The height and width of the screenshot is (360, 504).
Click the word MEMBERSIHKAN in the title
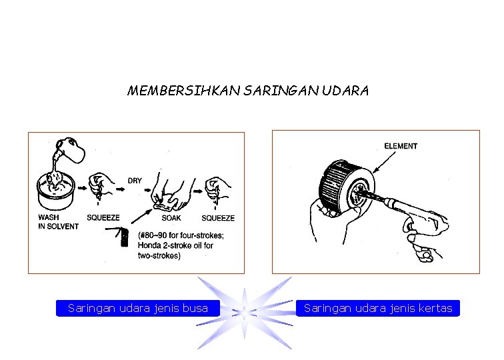pyautogui.click(x=184, y=91)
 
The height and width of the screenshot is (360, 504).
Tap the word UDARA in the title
pyautogui.click(x=345, y=91)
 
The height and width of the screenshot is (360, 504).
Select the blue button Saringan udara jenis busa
pyautogui.click(x=138, y=308)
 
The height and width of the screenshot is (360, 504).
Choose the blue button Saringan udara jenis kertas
pyautogui.click(x=378, y=308)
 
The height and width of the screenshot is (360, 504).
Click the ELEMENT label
pyautogui.click(x=401, y=146)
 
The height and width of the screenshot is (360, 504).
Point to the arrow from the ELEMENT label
pyautogui.click(x=385, y=162)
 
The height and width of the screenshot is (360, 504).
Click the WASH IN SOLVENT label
pyautogui.click(x=58, y=222)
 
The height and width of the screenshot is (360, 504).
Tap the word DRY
pyautogui.click(x=135, y=181)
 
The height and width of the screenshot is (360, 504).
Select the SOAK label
pyautogui.click(x=171, y=218)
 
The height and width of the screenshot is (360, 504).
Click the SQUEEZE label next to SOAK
pyautogui.click(x=218, y=218)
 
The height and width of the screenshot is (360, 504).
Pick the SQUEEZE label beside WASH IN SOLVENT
pyautogui.click(x=103, y=217)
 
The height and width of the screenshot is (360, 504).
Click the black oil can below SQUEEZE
pyautogui.click(x=125, y=237)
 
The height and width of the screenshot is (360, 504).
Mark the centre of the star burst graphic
pyautogui.click(x=245, y=313)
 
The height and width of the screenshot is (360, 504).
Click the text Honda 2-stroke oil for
pyautogui.click(x=175, y=245)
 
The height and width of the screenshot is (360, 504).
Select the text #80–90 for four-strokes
pyautogui.click(x=181, y=235)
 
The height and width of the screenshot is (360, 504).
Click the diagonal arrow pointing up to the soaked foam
pyautogui.click(x=142, y=216)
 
